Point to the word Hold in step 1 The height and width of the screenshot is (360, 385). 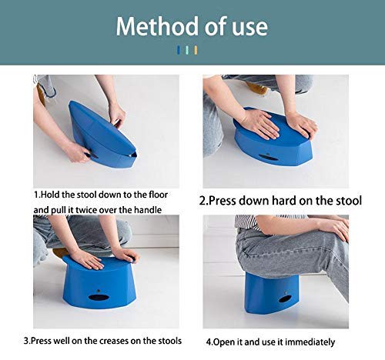[53, 195]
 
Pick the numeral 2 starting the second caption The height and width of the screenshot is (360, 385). [203, 202]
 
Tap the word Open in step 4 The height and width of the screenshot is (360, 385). [226, 342]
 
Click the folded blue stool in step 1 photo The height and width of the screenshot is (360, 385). [100, 135]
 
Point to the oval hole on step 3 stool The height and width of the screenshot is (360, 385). [94, 297]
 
